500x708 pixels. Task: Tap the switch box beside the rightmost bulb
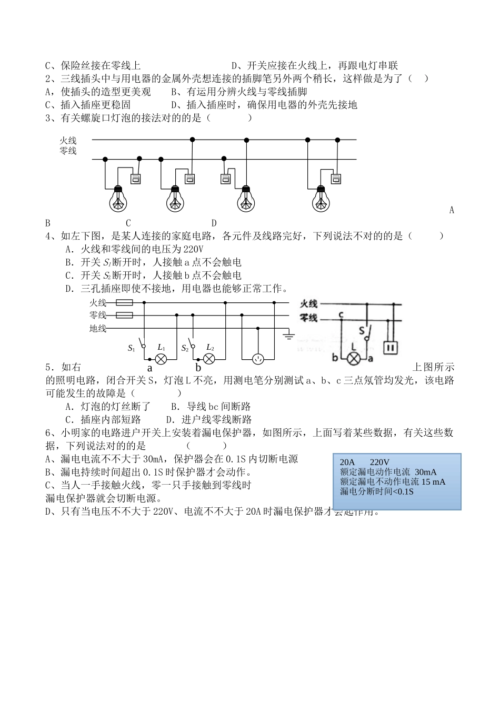pyautogui.click(x=335, y=179)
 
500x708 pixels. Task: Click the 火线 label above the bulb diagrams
pyautogui.click(x=68, y=140)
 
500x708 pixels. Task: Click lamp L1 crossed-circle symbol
pyautogui.click(x=162, y=359)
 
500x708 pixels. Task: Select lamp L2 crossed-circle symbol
pyautogui.click(x=209, y=359)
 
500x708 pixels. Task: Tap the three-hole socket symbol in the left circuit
pyautogui.click(x=258, y=359)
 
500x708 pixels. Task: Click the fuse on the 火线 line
pyautogui.click(x=124, y=303)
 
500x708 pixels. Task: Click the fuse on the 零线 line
pyautogui.click(x=124, y=315)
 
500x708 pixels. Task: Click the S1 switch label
pyautogui.click(x=132, y=348)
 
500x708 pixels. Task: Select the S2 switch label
pyautogui.click(x=185, y=348)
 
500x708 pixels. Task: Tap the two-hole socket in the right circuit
pyautogui.click(x=390, y=348)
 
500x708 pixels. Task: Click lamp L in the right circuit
pyautogui.click(x=355, y=359)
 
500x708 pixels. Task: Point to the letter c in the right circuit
pyautogui.click(x=341, y=315)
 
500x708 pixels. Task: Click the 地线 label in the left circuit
pyautogui.click(x=98, y=329)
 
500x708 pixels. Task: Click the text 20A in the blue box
pyautogui.click(x=347, y=463)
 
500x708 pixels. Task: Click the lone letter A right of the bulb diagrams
pyautogui.click(x=452, y=210)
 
